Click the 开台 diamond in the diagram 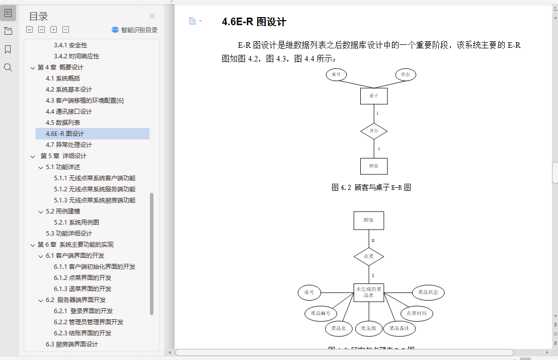374,131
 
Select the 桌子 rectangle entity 374,96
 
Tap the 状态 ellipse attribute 406,75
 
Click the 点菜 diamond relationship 369,256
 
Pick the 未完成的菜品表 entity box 369,292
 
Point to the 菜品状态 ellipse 428,293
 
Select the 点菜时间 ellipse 417,313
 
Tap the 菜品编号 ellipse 320,313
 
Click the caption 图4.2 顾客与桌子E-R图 371,187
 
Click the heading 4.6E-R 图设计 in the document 254,22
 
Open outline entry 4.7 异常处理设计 69,145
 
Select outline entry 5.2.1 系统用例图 76,223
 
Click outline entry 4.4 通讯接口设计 69,112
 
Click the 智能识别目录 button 135,30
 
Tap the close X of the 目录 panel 152,16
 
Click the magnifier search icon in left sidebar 8,67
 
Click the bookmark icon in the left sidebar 8,49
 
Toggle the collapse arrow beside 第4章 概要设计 33,67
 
